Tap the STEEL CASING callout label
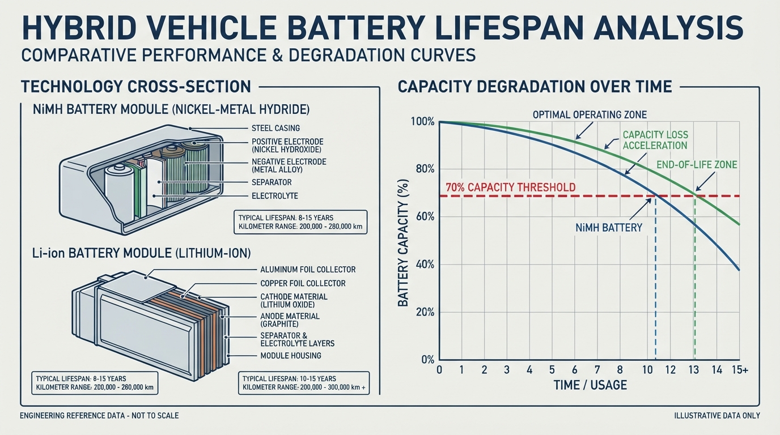(275, 128)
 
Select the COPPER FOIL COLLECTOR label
(303, 283)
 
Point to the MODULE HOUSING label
(291, 356)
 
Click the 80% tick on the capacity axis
(425, 169)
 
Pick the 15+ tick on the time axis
(740, 369)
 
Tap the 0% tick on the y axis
(428, 360)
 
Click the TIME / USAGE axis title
(590, 385)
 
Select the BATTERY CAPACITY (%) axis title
(403, 243)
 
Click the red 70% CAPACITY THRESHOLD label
(511, 187)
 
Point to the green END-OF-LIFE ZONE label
(697, 165)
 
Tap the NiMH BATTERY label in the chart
(609, 228)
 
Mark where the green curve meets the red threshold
(696, 196)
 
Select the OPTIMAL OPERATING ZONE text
(590, 114)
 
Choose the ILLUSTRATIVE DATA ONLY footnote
(717, 416)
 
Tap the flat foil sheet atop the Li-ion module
(138, 287)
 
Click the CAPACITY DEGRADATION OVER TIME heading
(535, 87)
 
